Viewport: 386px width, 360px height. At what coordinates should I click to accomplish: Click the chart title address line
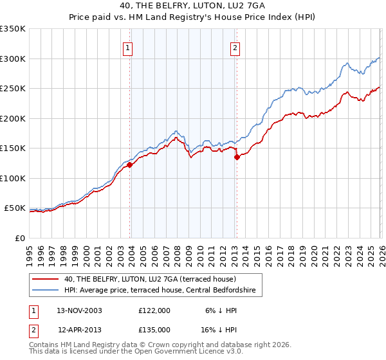tap(192, 5)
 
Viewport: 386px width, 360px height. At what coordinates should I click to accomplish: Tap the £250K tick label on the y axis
tap(13, 89)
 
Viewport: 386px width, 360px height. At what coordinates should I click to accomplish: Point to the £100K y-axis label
tap(13, 178)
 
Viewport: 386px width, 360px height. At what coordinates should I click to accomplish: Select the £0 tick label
tap(20, 238)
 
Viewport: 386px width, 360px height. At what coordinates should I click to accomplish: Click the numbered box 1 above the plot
tap(127, 48)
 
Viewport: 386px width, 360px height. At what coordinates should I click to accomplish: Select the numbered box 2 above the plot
tap(235, 48)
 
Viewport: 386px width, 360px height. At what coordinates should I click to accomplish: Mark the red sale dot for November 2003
tap(130, 165)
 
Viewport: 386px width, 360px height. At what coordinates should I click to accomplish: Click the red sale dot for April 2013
tap(237, 157)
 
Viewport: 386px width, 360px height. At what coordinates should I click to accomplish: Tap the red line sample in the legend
tap(46, 279)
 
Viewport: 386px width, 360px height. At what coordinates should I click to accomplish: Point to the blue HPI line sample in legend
tap(46, 291)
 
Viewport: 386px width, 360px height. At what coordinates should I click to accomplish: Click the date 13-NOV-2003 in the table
tap(80, 310)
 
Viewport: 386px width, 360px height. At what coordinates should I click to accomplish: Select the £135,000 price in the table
tap(154, 330)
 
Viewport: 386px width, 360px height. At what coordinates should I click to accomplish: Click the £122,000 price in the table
tap(154, 310)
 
